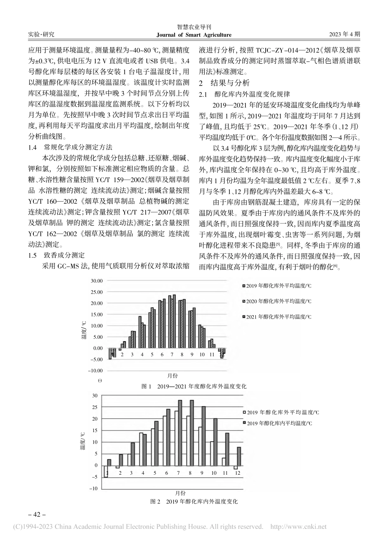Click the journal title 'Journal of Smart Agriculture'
pos(196,35)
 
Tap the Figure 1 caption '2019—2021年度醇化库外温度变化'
pos(194,386)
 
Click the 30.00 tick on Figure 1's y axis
pos(96,281)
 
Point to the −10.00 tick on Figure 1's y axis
pos(95,371)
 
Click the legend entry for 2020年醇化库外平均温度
pos(278,301)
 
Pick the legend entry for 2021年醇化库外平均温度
pos(278,317)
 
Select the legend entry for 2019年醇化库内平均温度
pos(278,423)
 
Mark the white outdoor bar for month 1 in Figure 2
pos(106,471)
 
